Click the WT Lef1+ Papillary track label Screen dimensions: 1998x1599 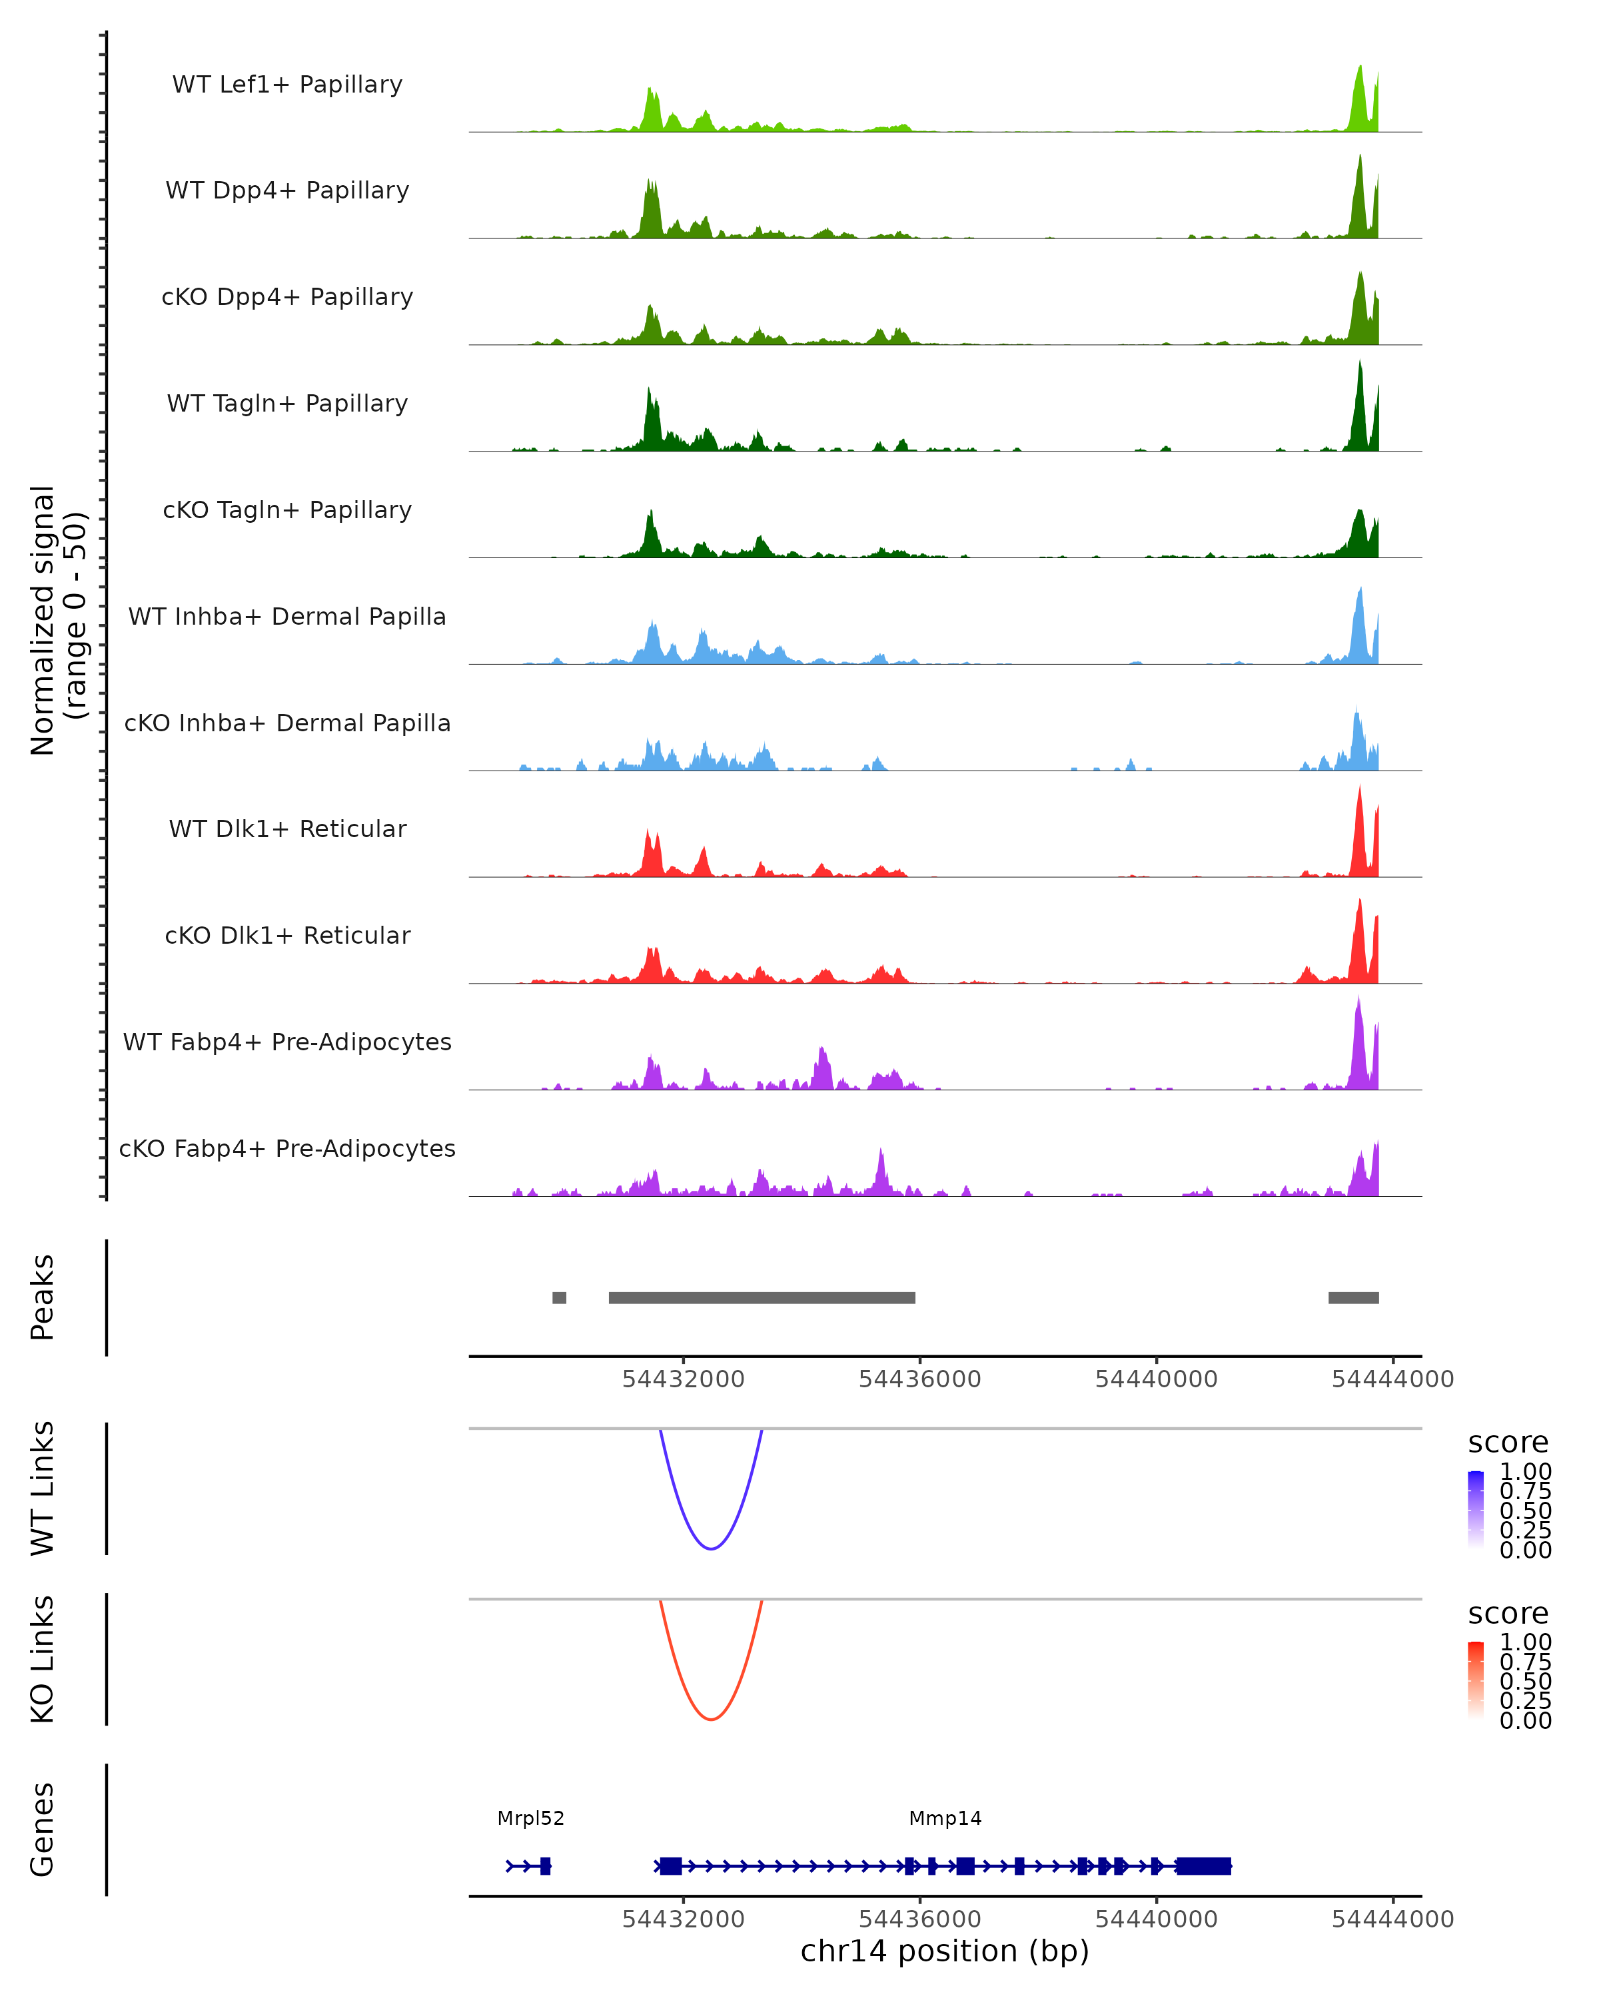[287, 85]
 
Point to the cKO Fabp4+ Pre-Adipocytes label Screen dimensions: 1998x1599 [287, 1148]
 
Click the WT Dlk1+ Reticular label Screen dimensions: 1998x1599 [287, 829]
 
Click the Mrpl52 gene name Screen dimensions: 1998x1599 [530, 1818]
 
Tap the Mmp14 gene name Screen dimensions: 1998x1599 [945, 1818]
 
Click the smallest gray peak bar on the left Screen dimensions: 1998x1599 [559, 1297]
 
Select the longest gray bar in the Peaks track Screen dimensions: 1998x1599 [762, 1297]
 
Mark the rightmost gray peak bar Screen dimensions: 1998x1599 [1353, 1297]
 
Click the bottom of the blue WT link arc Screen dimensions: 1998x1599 [711, 1548]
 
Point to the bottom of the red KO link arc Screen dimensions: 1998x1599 [711, 1719]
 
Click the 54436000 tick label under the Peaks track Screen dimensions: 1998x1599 [919, 1379]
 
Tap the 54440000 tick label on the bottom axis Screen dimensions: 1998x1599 [1156, 1919]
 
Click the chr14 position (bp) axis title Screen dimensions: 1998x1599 [945, 1951]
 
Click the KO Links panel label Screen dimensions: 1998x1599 [43, 1659]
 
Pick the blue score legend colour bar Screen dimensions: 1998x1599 [1476, 1508]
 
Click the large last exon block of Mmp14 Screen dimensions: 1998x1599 [1203, 1865]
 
